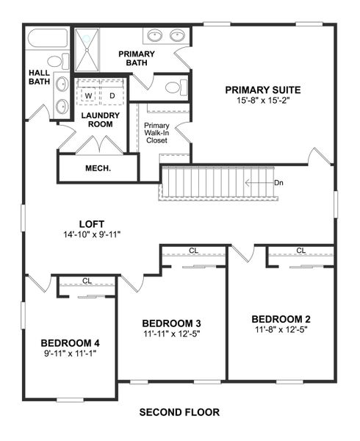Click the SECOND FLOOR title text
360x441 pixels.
click(x=179, y=412)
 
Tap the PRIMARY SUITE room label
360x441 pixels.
click(x=263, y=90)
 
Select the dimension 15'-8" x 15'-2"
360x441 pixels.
click(x=263, y=101)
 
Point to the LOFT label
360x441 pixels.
click(x=92, y=224)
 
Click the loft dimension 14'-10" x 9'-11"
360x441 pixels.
click(x=92, y=234)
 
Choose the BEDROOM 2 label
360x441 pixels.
click(x=281, y=319)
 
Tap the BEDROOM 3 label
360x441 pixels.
click(x=171, y=323)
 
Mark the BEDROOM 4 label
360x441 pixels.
click(x=70, y=343)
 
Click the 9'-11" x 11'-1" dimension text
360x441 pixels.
click(x=70, y=353)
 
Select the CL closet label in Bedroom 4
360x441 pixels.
click(x=87, y=281)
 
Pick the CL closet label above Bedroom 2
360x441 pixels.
click(x=300, y=251)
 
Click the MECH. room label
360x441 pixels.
click(x=98, y=168)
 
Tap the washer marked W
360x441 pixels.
click(x=88, y=96)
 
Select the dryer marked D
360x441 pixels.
click(x=112, y=96)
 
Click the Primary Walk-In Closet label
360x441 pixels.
click(x=156, y=132)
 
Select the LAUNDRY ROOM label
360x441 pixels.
click(x=97, y=120)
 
